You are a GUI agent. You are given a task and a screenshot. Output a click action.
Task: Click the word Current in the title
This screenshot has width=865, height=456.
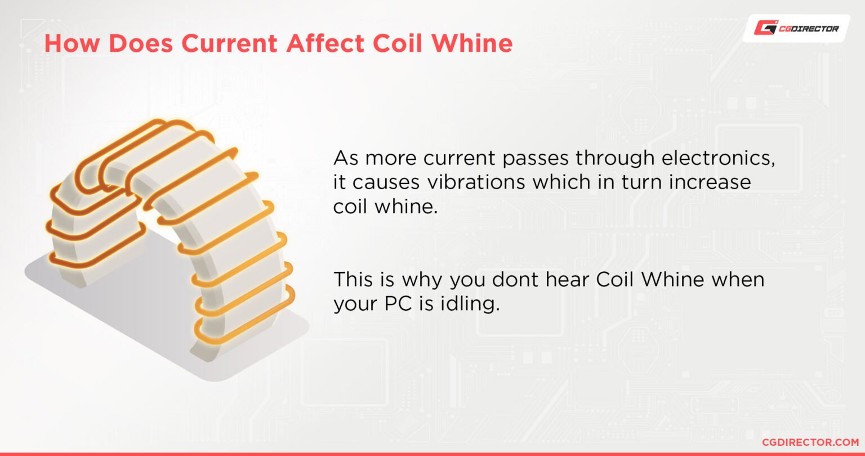click(x=235, y=44)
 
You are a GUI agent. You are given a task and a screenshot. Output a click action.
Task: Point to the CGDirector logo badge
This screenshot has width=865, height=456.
click(x=796, y=28)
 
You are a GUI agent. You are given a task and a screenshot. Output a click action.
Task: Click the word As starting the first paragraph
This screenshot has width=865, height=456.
click(x=345, y=159)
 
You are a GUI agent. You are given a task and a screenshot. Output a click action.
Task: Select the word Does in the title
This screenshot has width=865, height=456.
click(x=135, y=44)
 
